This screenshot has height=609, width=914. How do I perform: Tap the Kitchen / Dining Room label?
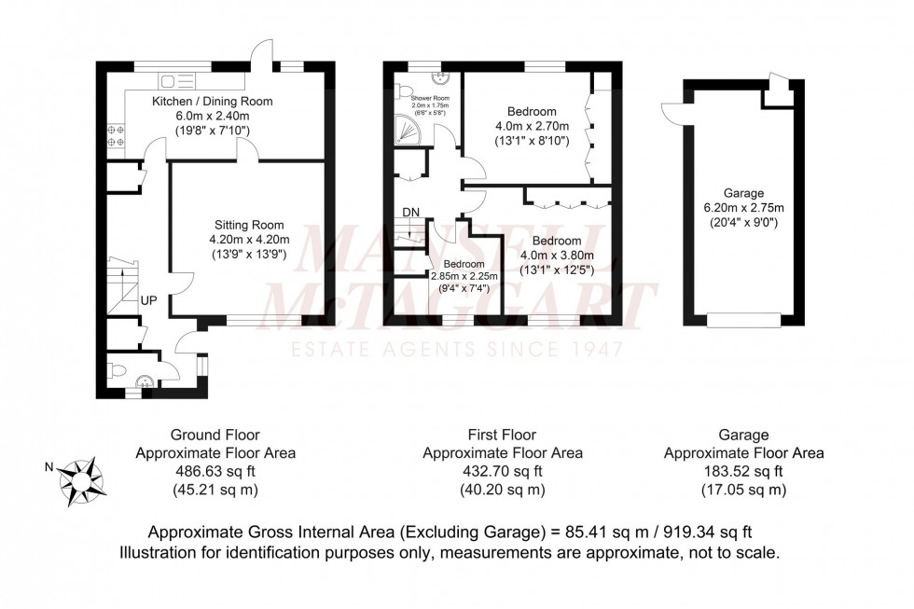[x=213, y=101]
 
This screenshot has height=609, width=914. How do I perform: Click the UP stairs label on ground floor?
[x=149, y=300]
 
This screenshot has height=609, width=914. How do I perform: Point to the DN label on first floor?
[x=410, y=213]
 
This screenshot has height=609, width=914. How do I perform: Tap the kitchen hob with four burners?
[x=118, y=137]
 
